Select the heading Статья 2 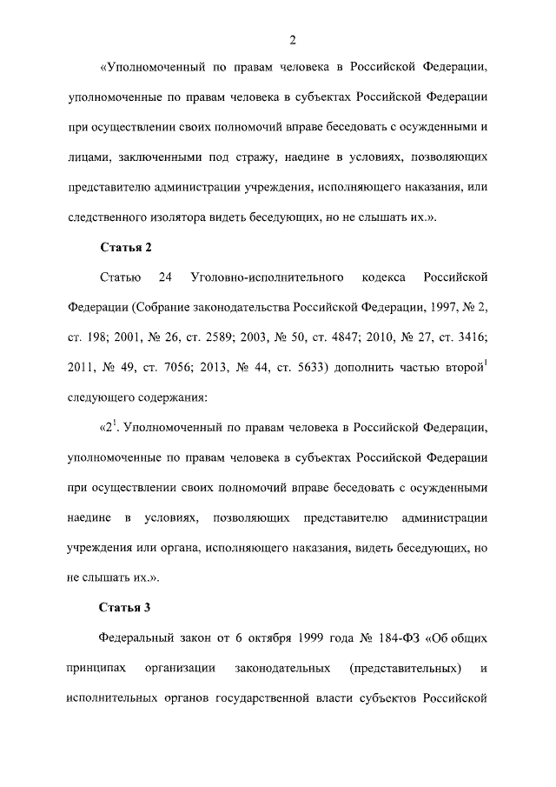tap(126, 247)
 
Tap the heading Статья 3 tap(126, 607)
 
